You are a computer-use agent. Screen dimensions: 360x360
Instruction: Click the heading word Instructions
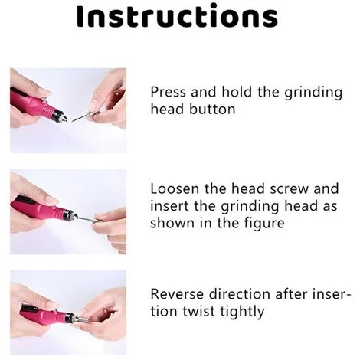[x=177, y=16]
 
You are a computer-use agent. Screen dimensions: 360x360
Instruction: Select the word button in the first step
[x=213, y=109]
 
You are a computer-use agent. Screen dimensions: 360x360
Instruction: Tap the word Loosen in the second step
[x=175, y=189]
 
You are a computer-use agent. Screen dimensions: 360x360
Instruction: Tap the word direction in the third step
[x=240, y=294]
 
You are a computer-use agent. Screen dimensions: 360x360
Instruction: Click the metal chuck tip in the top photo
[x=64, y=117]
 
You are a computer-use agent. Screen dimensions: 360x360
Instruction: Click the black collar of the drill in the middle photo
[x=68, y=214]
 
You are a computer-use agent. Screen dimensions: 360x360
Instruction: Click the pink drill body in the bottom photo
[x=45, y=313]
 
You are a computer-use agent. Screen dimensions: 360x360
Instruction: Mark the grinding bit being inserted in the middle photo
[x=87, y=218]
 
